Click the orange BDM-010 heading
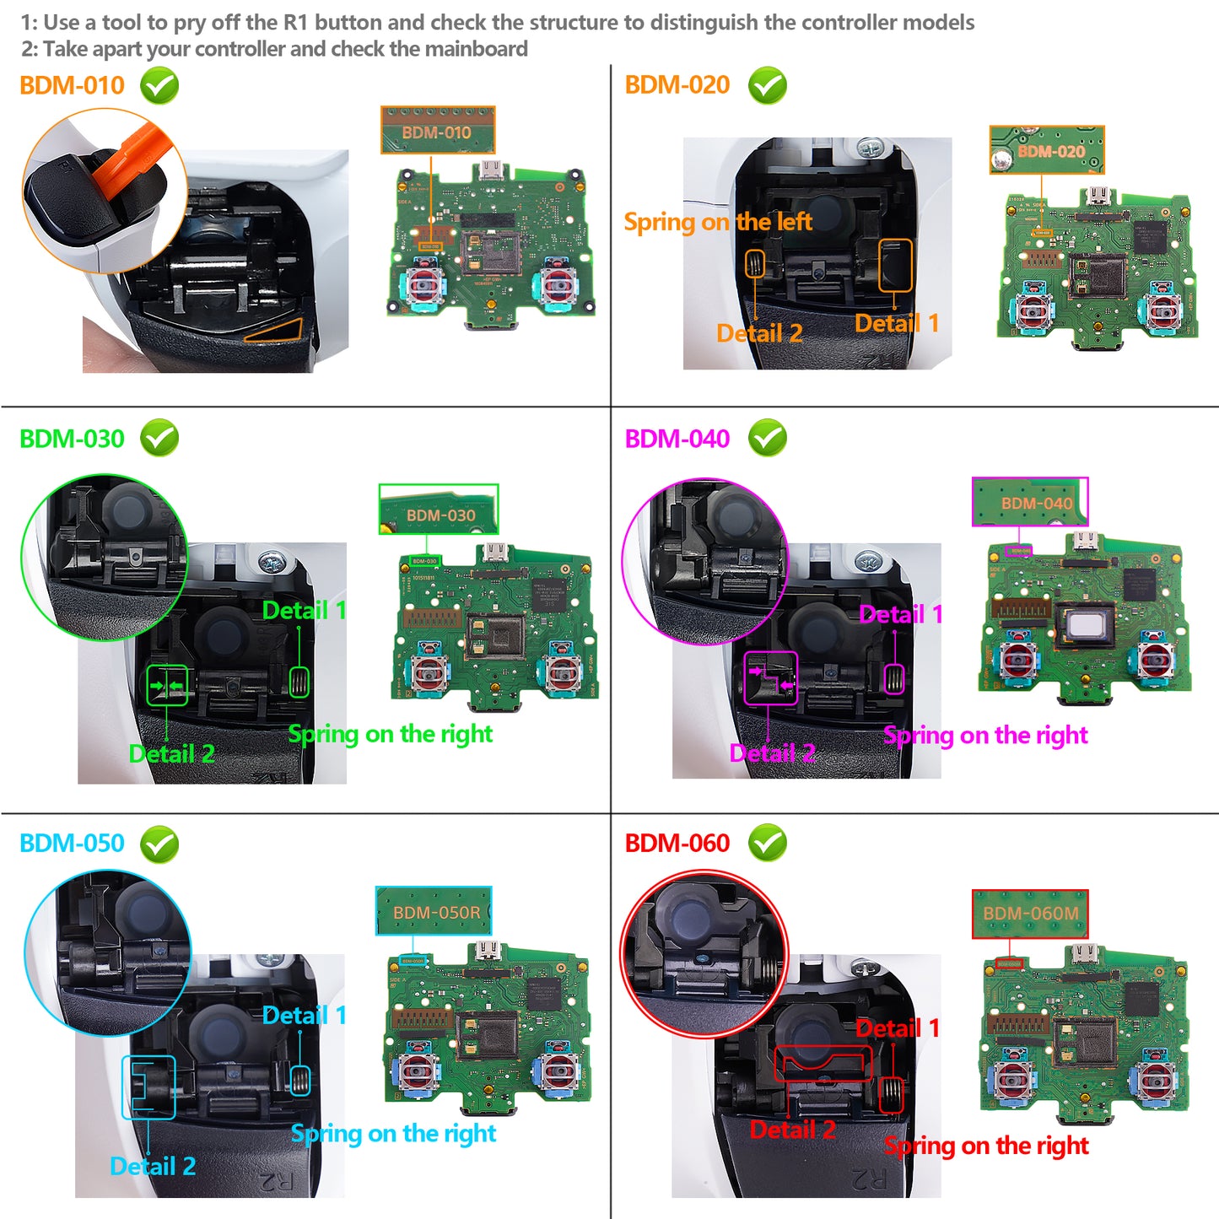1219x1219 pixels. pyautogui.click(x=72, y=85)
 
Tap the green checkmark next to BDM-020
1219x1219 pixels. pyautogui.click(x=767, y=85)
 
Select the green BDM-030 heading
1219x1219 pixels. pyautogui.click(x=72, y=439)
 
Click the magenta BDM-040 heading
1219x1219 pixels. pyautogui.click(x=677, y=439)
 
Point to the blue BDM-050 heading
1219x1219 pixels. pyautogui.click(x=72, y=843)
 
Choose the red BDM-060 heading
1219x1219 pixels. pyautogui.click(x=677, y=843)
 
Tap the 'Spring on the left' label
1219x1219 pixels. pyautogui.click(x=717, y=222)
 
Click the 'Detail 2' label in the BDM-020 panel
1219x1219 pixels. pyautogui.click(x=758, y=333)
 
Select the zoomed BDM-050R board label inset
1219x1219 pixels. pyautogui.click(x=434, y=911)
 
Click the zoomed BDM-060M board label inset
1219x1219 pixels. pyautogui.click(x=1030, y=914)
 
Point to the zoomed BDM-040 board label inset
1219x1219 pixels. pyautogui.click(x=1030, y=502)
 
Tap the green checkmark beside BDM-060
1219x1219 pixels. pyautogui.click(x=767, y=843)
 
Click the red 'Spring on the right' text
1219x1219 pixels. pyautogui.click(x=986, y=1146)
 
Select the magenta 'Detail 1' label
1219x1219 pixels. pyautogui.click(x=900, y=614)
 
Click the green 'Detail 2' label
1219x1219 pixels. pyautogui.click(x=171, y=753)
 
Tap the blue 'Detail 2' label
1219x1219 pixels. pyautogui.click(x=153, y=1166)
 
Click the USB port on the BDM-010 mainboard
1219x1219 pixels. pyautogui.click(x=489, y=171)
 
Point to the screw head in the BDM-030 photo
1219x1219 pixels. pyautogui.click(x=271, y=563)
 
